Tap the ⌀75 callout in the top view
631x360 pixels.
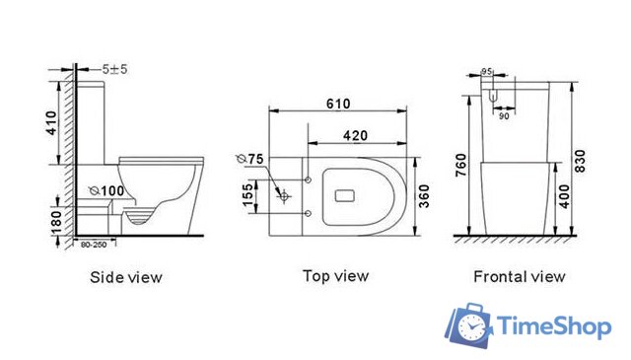coord(252,159)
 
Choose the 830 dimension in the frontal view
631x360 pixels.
coord(583,160)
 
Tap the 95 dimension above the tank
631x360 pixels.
coord(486,70)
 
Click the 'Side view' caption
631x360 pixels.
coord(125,276)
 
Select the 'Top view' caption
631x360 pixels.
coord(336,276)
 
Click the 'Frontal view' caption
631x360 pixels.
coord(519,276)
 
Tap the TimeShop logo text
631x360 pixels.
coord(555,325)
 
